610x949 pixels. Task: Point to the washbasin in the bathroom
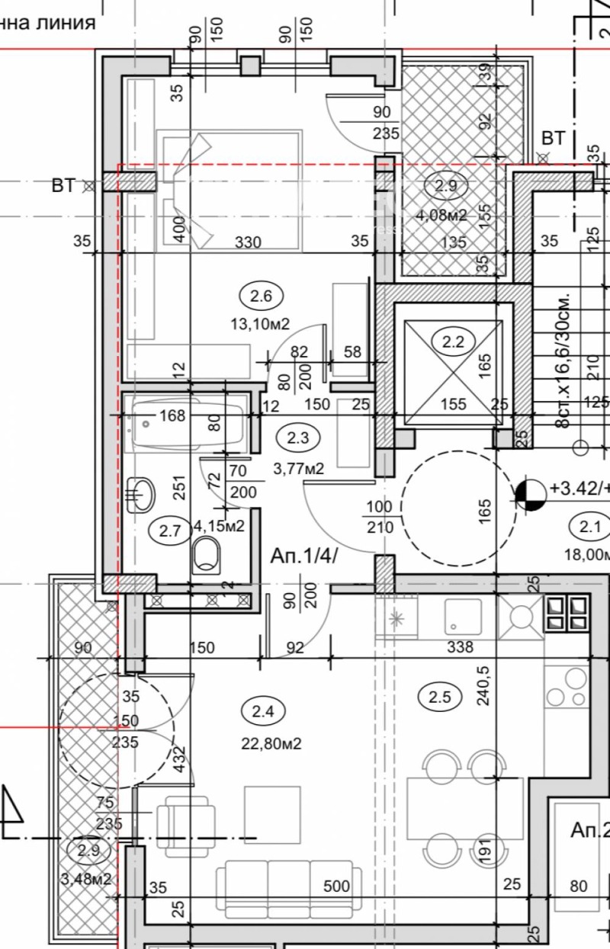[x=140, y=495]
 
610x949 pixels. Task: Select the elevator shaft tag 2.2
[x=453, y=341]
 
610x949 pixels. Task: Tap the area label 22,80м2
[x=271, y=743]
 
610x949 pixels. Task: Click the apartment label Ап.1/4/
[x=303, y=556]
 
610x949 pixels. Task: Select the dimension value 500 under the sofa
[x=336, y=886]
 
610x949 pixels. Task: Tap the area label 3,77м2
[x=298, y=468]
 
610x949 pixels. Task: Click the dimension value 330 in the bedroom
[x=248, y=242]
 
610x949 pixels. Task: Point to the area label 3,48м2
[x=86, y=879]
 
